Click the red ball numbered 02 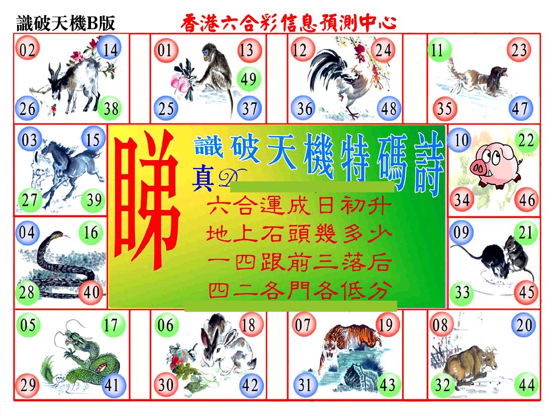click(27, 49)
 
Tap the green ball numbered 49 click(249, 79)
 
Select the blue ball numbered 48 click(389, 108)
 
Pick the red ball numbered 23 click(519, 49)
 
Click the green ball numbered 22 click(526, 141)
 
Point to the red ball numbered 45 click(526, 292)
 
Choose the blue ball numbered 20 click(524, 324)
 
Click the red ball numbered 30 click(166, 384)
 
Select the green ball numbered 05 click(28, 324)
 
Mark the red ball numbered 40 click(91, 292)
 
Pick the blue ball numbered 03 click(29, 140)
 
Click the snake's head click(56, 235)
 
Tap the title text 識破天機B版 click(66, 23)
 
